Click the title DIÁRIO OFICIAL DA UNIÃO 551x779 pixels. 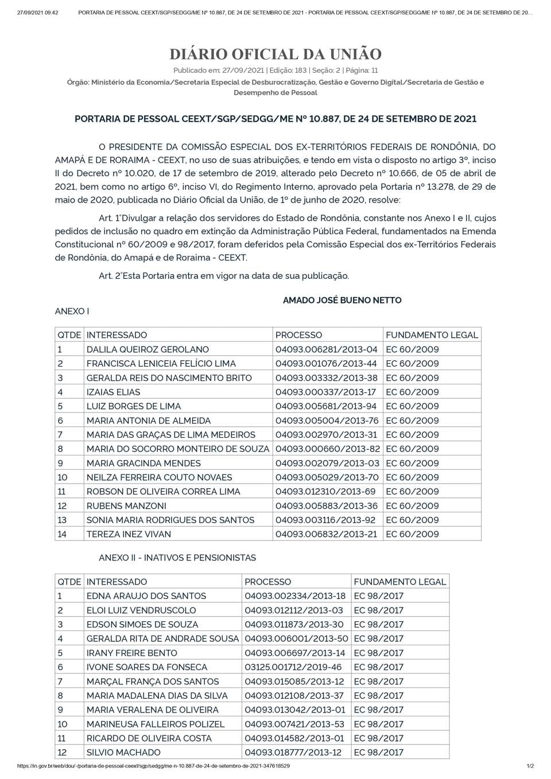coord(275,54)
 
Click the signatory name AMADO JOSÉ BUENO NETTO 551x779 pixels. coord(342,300)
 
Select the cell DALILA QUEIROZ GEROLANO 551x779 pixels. coord(148,349)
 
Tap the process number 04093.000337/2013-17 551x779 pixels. coord(325,392)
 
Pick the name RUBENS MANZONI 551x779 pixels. coord(126,506)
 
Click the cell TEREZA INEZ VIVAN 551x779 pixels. coord(129,534)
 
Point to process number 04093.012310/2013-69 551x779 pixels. coord(325,492)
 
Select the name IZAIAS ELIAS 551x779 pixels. coord(113,392)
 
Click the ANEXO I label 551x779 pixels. coord(72,311)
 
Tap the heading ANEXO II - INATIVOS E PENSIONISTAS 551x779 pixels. coord(177,558)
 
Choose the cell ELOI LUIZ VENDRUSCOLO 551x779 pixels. coord(141,610)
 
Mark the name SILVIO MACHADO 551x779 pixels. coord(123,753)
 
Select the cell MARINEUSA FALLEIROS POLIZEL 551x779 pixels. coord(156,724)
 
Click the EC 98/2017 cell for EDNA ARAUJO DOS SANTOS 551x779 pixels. coord(378,596)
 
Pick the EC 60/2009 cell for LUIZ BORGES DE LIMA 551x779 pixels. coord(412,406)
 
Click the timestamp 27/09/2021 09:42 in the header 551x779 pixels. coord(37,13)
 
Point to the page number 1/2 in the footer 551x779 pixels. coord(530,766)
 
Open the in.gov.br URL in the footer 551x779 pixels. coord(153,766)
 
